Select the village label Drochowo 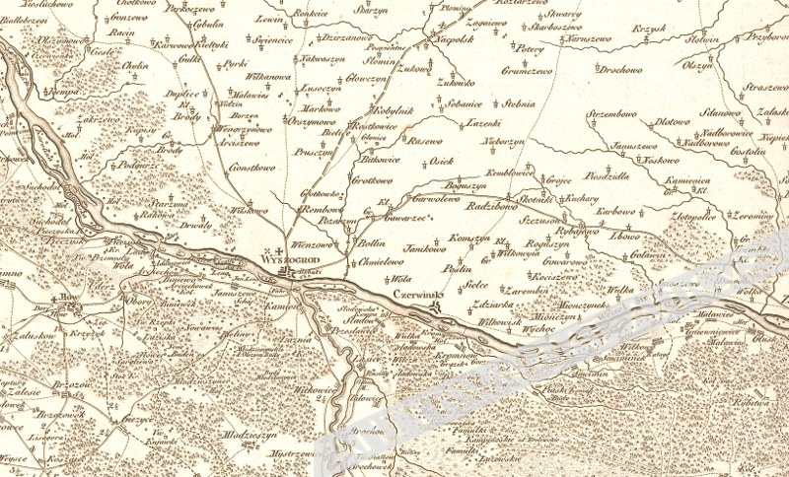[x=620, y=70]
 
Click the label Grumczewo [x=533, y=70]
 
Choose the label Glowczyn [x=367, y=81]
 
